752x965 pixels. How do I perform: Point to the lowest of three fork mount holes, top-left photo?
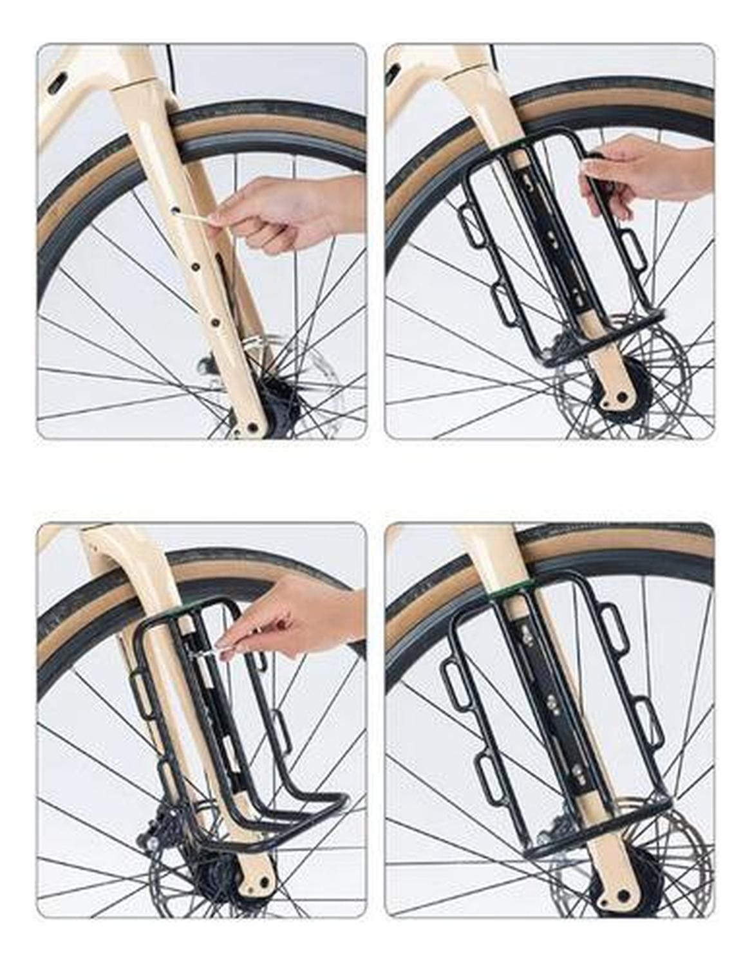(216, 320)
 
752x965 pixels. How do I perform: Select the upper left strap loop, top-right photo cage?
(473, 227)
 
